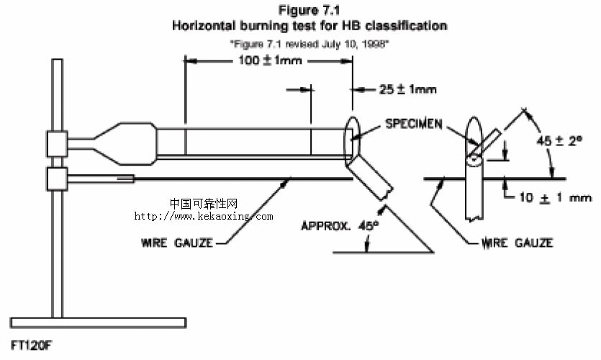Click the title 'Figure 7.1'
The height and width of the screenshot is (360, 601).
309,11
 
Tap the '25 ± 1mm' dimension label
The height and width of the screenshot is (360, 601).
407,90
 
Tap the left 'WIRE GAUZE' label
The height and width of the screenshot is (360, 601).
176,243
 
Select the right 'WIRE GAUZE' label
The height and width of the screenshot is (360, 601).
518,243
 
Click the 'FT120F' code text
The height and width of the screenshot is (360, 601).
32,345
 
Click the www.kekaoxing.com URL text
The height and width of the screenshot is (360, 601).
204,216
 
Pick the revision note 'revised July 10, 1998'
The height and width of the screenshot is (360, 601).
309,43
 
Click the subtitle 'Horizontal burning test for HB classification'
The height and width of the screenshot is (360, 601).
309,25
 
